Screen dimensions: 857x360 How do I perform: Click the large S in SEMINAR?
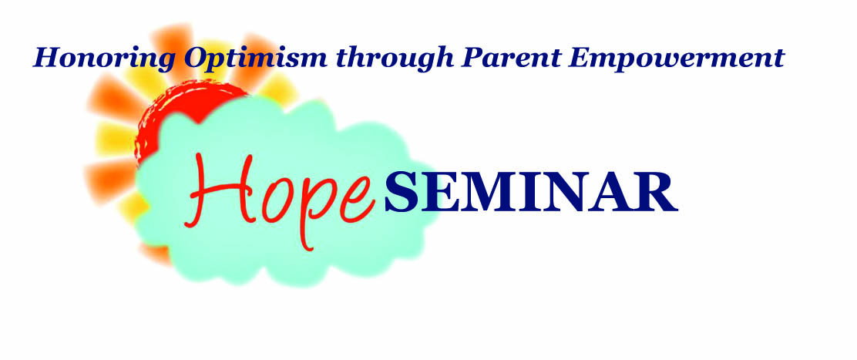pos(402,192)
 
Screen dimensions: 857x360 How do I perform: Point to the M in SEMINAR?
pos(486,193)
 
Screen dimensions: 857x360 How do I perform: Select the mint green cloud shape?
pos(284,191)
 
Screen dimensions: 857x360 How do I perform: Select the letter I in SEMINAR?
pos(529,193)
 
